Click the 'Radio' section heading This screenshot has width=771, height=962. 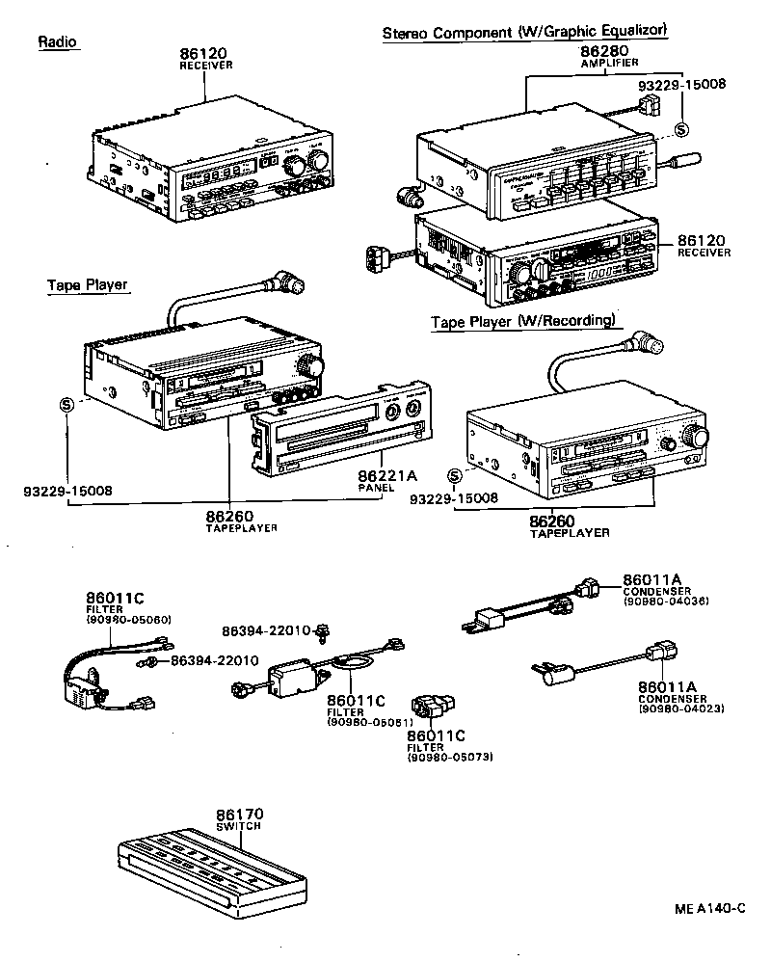click(x=58, y=42)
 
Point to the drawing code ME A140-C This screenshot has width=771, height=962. click(x=710, y=908)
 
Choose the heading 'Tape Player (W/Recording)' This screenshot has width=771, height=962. click(x=523, y=321)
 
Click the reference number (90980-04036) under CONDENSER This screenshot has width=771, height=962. click(x=666, y=601)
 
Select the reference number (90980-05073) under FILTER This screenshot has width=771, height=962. click(x=450, y=757)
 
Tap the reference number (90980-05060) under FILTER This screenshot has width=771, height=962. click(x=128, y=620)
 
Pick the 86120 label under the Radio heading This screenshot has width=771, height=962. click(x=205, y=54)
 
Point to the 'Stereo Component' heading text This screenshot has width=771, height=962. click(x=447, y=32)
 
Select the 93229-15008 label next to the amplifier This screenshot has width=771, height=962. click(x=682, y=84)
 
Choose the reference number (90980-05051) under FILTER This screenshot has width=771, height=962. click(x=370, y=722)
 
